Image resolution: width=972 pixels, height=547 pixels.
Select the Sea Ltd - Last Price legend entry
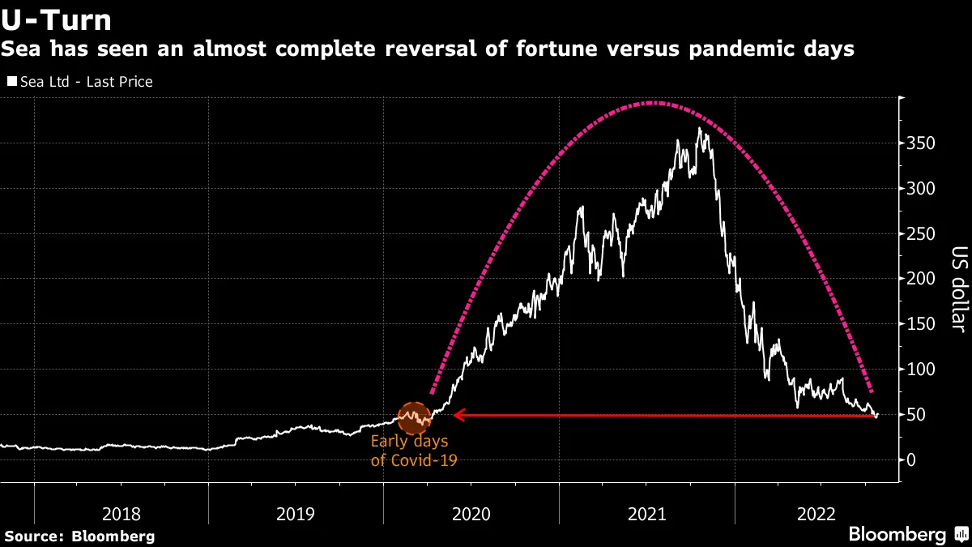click(79, 82)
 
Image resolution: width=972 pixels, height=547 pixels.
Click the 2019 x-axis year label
click(296, 513)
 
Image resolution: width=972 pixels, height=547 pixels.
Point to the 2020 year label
click(471, 513)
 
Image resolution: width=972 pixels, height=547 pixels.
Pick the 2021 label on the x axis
click(646, 513)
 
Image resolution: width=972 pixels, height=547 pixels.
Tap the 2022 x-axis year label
click(821, 513)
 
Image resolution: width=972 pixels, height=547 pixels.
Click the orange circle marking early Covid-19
click(414, 417)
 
